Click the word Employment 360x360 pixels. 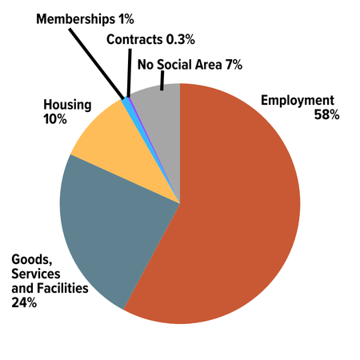tap(297, 101)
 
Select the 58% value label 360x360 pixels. tap(327, 115)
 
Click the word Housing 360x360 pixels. tap(67, 105)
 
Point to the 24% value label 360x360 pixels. tap(24, 302)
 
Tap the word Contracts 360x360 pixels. tap(137, 38)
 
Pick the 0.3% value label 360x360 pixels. tap(182, 38)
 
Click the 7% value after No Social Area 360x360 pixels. tap(234, 64)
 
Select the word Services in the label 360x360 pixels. tap(34, 274)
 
